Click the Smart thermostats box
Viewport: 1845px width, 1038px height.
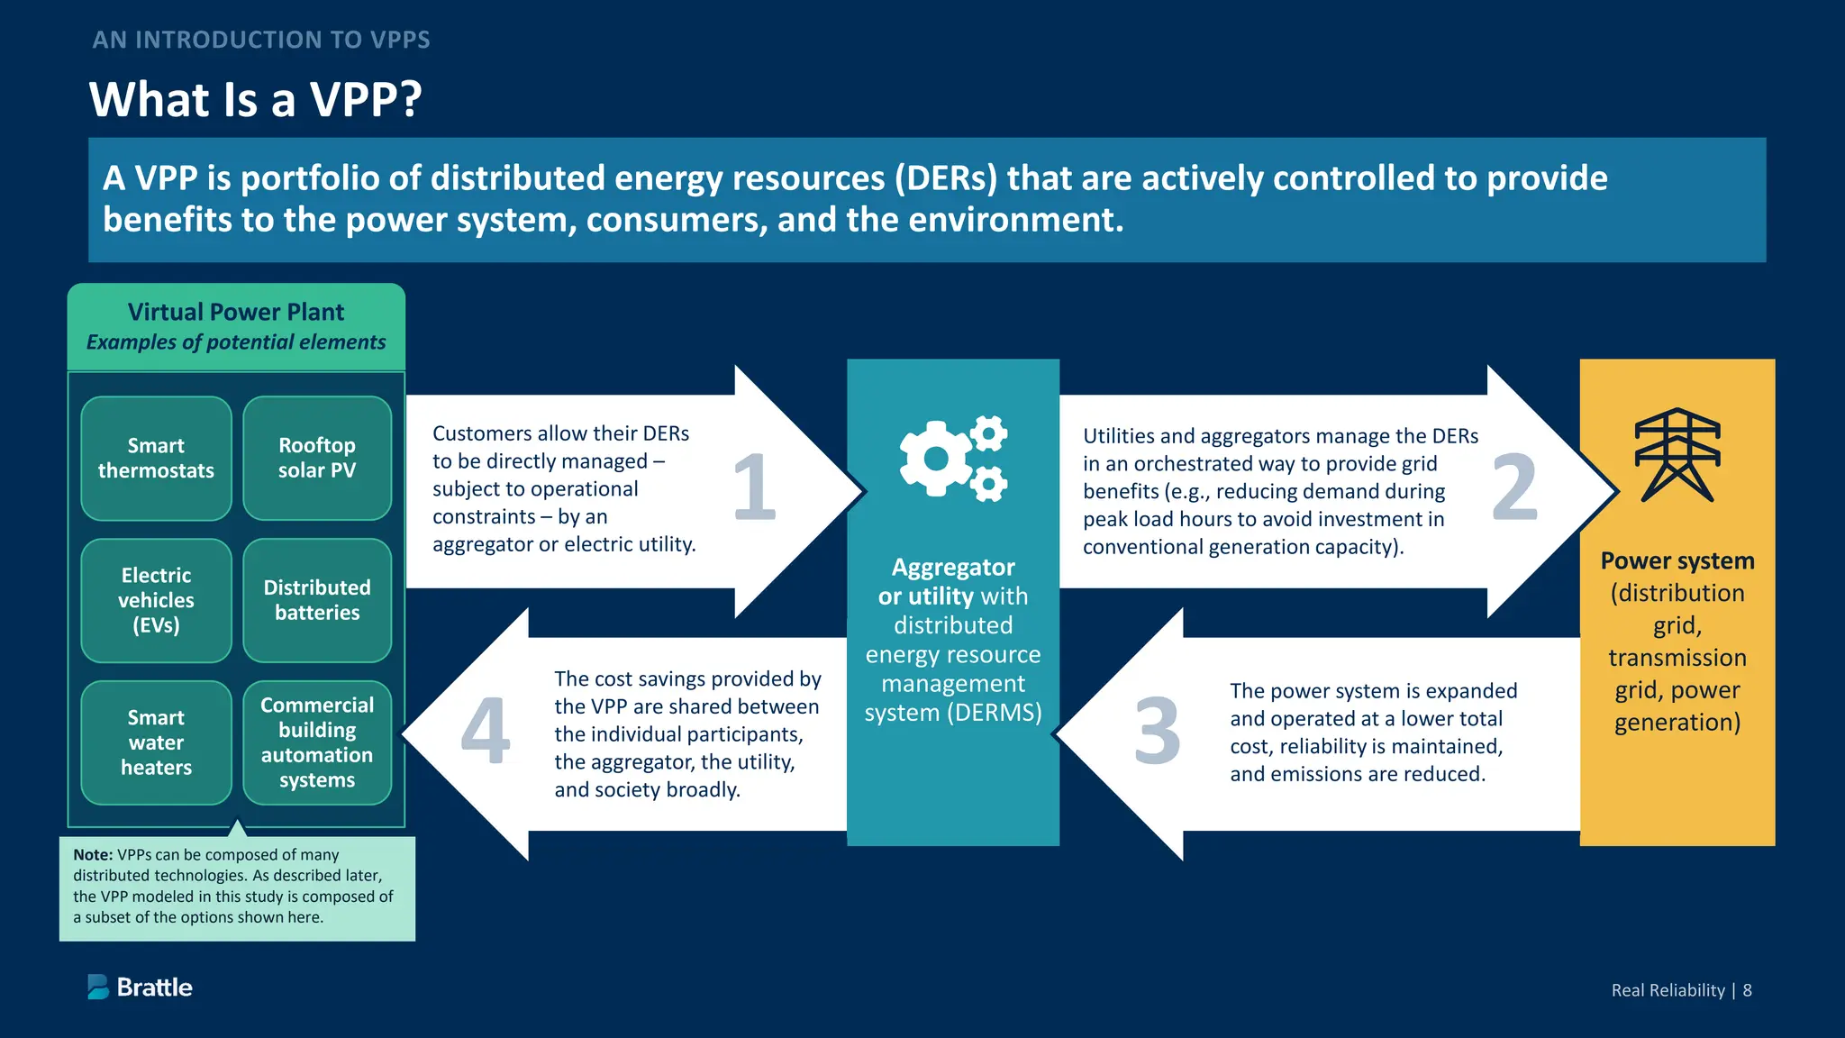156,458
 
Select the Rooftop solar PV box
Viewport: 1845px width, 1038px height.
317,458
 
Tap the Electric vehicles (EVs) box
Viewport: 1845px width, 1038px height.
156,600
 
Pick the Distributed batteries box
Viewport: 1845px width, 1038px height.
317,600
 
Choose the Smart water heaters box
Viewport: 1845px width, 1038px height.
156,742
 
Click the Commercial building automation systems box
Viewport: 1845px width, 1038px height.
317,742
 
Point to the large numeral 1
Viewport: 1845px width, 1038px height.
755,487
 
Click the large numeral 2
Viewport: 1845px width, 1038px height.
1514,487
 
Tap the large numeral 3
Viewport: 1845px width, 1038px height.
1157,731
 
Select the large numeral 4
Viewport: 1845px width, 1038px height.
486,731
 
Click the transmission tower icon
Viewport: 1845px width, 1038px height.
1677,455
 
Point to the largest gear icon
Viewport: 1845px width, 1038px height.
936,459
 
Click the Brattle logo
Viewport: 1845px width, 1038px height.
141,988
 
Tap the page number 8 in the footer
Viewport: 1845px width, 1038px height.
1747,990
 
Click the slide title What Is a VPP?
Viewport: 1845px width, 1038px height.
256,99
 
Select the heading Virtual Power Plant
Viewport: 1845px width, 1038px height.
236,313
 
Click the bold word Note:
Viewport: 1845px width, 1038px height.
93,855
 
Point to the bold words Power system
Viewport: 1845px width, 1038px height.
1677,560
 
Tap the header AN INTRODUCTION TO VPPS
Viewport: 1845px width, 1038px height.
261,40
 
